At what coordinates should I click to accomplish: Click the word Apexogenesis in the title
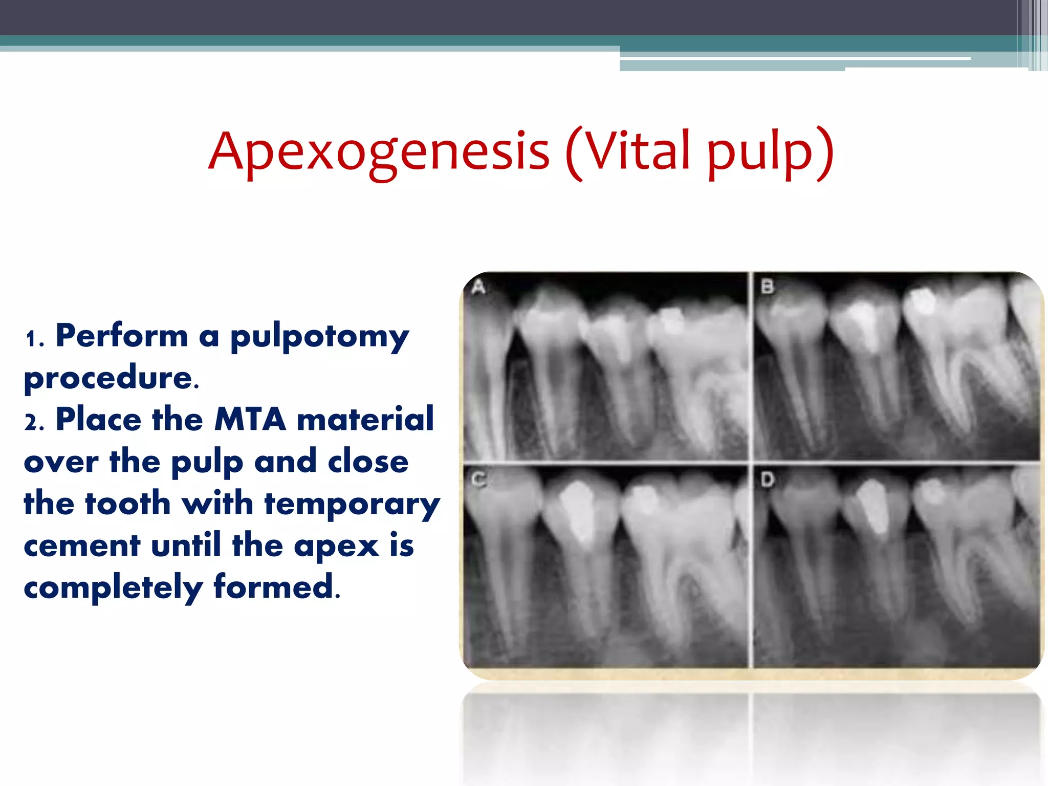click(379, 151)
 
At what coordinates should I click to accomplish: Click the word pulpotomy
click(319, 338)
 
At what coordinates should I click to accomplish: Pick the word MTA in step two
click(250, 420)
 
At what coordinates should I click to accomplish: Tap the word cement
click(82, 545)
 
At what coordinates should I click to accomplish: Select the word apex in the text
click(336, 547)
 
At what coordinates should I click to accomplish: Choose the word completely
click(113, 587)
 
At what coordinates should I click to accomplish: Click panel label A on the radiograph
click(478, 287)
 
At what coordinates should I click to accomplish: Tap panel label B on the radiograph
click(767, 287)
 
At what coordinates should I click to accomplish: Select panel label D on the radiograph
click(767, 480)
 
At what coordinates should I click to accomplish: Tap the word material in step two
click(365, 420)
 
